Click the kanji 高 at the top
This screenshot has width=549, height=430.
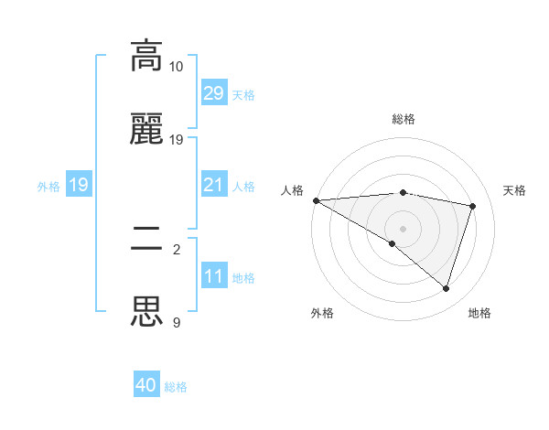point(147,56)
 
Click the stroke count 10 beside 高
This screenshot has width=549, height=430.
point(177,67)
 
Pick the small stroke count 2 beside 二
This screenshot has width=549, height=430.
point(177,248)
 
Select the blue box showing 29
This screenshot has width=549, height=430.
point(213,93)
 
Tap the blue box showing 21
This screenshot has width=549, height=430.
point(213,186)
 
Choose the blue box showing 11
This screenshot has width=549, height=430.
point(213,277)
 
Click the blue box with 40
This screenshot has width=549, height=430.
point(146,386)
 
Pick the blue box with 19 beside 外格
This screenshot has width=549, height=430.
point(79,186)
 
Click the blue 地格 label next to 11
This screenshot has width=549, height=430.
point(243,278)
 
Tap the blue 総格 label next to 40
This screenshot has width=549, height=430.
point(176,387)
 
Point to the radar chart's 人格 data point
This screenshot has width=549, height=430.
point(316,200)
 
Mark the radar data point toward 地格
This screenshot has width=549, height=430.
point(446,289)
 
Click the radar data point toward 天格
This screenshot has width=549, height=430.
point(473,206)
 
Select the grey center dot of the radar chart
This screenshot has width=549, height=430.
point(403,228)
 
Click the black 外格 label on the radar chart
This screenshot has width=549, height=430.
point(322,313)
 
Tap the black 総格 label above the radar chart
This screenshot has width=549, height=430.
point(404,119)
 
